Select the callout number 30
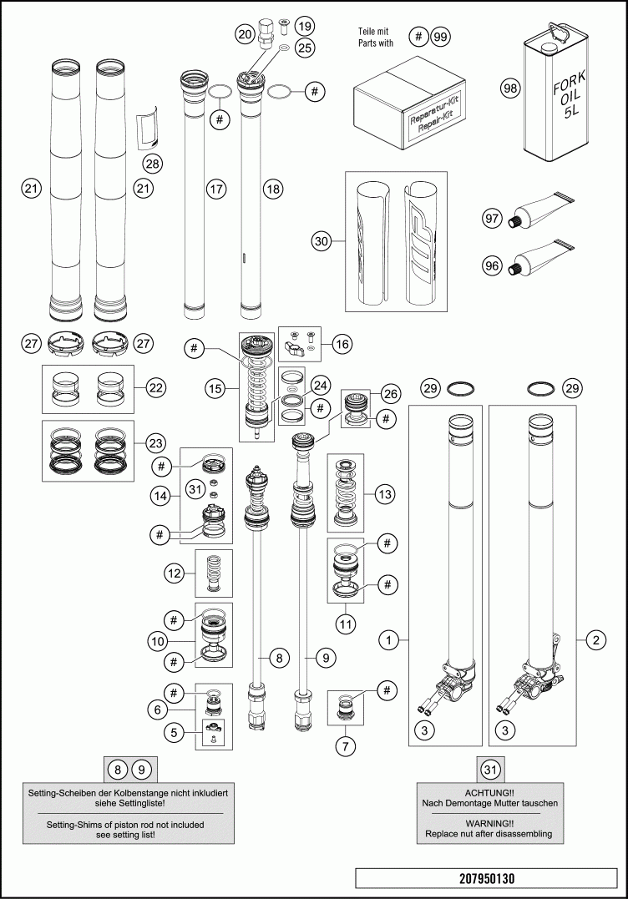click(x=322, y=242)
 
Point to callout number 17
click(x=216, y=189)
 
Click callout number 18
click(x=272, y=189)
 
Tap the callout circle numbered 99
click(x=440, y=37)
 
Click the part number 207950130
click(x=487, y=879)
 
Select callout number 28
click(x=152, y=163)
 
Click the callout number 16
click(x=342, y=343)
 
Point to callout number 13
click(x=384, y=495)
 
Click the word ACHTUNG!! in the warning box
click(x=490, y=790)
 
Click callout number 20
click(x=245, y=34)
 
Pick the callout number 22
click(x=155, y=387)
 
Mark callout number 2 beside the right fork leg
click(x=595, y=641)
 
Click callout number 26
click(x=390, y=393)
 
